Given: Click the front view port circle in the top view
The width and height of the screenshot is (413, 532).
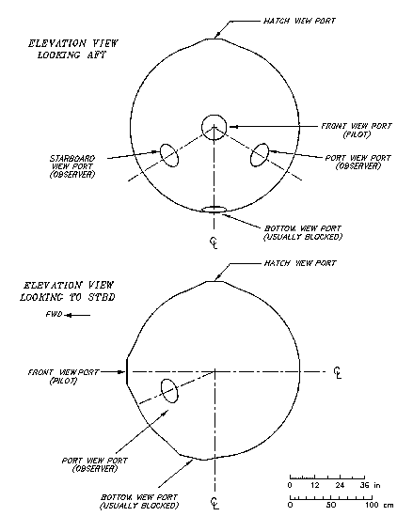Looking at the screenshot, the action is coord(201,126).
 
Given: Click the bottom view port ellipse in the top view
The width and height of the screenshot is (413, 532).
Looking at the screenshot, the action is coord(214,206).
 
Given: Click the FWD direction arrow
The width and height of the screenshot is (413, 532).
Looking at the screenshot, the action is coord(77,315).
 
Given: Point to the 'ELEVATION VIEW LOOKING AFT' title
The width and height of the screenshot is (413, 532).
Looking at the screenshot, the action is coord(72,49).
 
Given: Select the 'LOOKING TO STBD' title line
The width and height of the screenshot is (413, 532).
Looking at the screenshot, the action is coord(67,297).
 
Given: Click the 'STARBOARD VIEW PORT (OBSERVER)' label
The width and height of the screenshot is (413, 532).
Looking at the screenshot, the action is coord(72,166).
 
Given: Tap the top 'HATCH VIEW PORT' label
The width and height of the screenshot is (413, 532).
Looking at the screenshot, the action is coord(299,21).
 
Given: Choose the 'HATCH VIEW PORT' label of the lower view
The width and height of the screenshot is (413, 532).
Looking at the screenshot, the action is coord(300,263).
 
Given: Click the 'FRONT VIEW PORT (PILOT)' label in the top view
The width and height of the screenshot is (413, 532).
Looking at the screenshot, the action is coord(357,131).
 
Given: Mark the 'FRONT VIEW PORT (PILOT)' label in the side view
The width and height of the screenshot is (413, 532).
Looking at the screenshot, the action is coord(64,377).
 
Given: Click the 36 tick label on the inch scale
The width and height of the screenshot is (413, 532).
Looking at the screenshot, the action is coord(365,485).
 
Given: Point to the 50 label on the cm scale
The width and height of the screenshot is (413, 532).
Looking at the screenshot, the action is coord(331,505).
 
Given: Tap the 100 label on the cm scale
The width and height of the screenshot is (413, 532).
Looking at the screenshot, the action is coord(372,505).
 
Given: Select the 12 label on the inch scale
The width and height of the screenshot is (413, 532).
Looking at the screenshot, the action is coord(315,485).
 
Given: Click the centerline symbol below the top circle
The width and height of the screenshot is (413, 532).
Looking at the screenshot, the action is coord(214,243).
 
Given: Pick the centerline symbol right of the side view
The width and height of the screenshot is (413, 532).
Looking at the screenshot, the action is coord(337,373).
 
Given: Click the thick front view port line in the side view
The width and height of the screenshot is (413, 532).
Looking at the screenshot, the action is coord(127,371).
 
